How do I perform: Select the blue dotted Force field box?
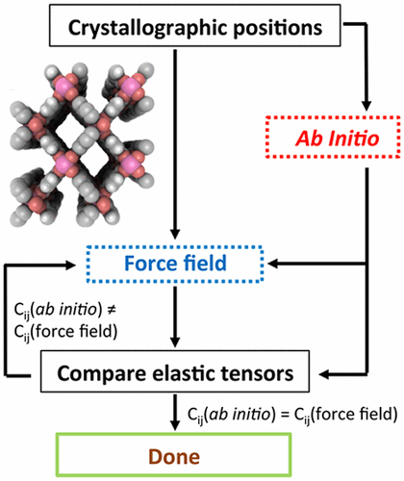point(174,261)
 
